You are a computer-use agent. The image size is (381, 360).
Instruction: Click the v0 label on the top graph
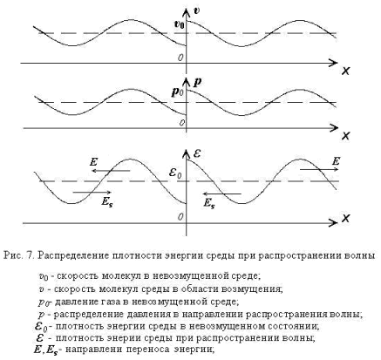tap(179, 24)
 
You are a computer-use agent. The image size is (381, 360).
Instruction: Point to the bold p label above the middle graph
tap(197, 82)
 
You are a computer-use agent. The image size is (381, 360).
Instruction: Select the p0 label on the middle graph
tap(177, 92)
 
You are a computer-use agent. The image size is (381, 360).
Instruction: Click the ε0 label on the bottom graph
tap(175, 173)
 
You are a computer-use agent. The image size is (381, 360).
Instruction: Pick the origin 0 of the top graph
tap(180, 58)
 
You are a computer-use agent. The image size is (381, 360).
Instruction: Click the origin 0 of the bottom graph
tap(180, 217)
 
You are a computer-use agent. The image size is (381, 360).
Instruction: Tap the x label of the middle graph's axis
tap(345, 135)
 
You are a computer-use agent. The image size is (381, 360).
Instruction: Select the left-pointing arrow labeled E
tap(111, 171)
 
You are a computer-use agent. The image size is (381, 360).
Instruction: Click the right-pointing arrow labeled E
tap(319, 169)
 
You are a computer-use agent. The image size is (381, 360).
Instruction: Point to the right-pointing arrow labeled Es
tap(92, 192)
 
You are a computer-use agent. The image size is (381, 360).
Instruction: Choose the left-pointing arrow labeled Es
tap(221, 194)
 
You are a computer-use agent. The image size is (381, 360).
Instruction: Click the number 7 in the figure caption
tap(29, 255)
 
